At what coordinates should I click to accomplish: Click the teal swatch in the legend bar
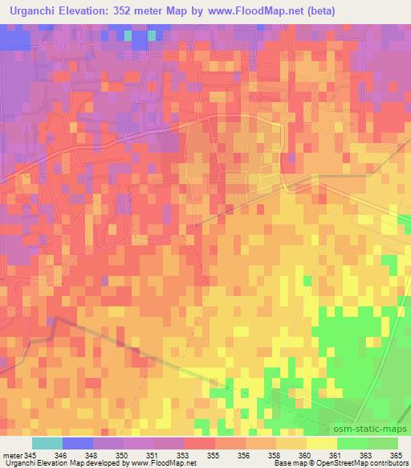click(47, 443)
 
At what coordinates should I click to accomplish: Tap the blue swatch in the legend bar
click(78, 443)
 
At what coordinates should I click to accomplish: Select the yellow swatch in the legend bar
click(322, 443)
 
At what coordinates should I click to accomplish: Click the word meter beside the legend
click(13, 456)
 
